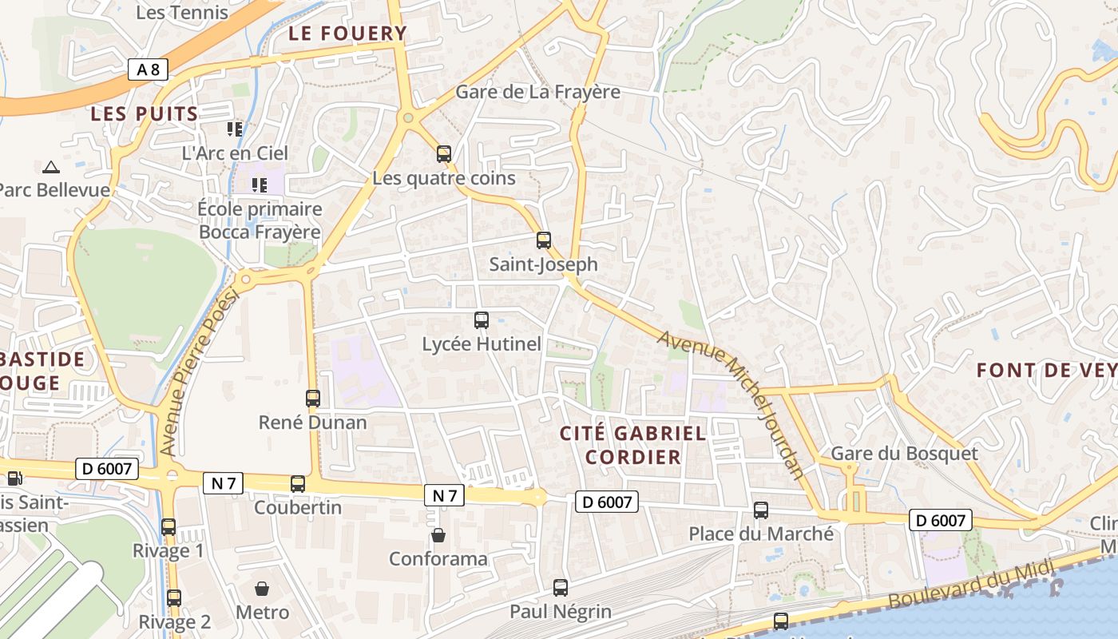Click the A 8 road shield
148,69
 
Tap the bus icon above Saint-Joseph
544,240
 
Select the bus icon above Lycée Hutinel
482,320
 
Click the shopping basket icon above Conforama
438,534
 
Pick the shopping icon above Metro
262,589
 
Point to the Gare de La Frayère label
537,92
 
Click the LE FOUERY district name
347,34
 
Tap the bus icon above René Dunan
313,398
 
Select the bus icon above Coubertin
298,483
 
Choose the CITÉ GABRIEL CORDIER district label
632,445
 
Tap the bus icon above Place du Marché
761,510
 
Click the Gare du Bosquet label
904,454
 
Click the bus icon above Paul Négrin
561,588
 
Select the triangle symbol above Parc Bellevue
51,167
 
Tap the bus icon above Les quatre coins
444,154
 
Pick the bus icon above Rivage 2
174,597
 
